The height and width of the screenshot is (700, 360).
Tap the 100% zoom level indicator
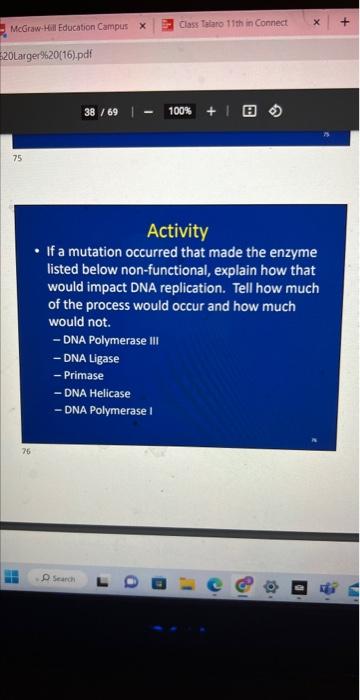click(180, 111)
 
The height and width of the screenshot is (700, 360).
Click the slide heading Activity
click(177, 231)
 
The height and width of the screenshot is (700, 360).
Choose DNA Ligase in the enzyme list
click(90, 358)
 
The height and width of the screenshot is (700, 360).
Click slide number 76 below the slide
click(28, 451)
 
